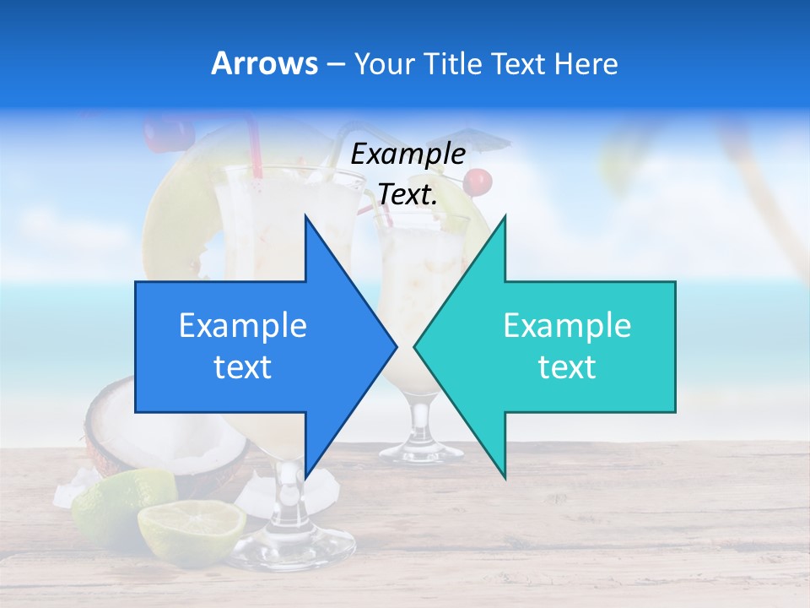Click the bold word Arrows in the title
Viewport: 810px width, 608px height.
point(264,64)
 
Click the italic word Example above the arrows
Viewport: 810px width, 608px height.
point(408,155)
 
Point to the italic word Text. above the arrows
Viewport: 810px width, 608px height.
point(408,195)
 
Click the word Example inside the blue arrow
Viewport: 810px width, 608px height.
point(242,326)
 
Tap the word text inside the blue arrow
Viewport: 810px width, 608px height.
point(242,367)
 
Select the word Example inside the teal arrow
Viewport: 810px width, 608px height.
point(567,326)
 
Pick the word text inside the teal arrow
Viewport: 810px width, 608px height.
point(567,367)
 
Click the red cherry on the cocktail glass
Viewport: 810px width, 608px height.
point(478,181)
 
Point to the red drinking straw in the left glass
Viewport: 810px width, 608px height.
point(252,148)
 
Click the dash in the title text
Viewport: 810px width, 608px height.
point(335,64)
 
